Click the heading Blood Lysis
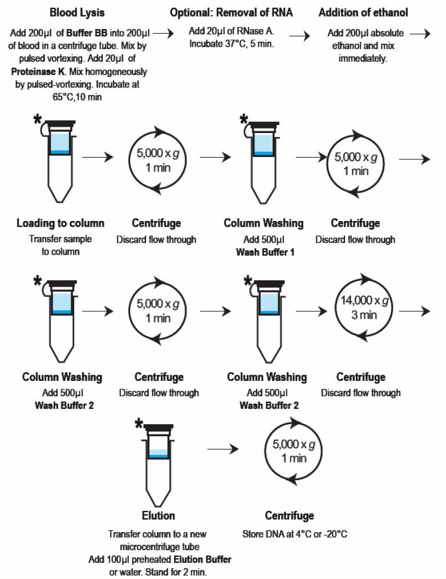click(x=77, y=12)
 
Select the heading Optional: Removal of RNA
click(x=232, y=12)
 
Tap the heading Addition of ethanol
click(x=363, y=12)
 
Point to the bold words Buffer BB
click(x=86, y=33)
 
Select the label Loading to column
click(x=60, y=223)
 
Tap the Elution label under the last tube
click(x=158, y=516)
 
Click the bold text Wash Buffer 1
click(x=265, y=251)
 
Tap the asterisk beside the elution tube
click(x=139, y=424)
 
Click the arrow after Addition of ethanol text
click(x=420, y=34)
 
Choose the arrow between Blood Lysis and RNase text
click(x=164, y=34)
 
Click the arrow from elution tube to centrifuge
click(x=222, y=449)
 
